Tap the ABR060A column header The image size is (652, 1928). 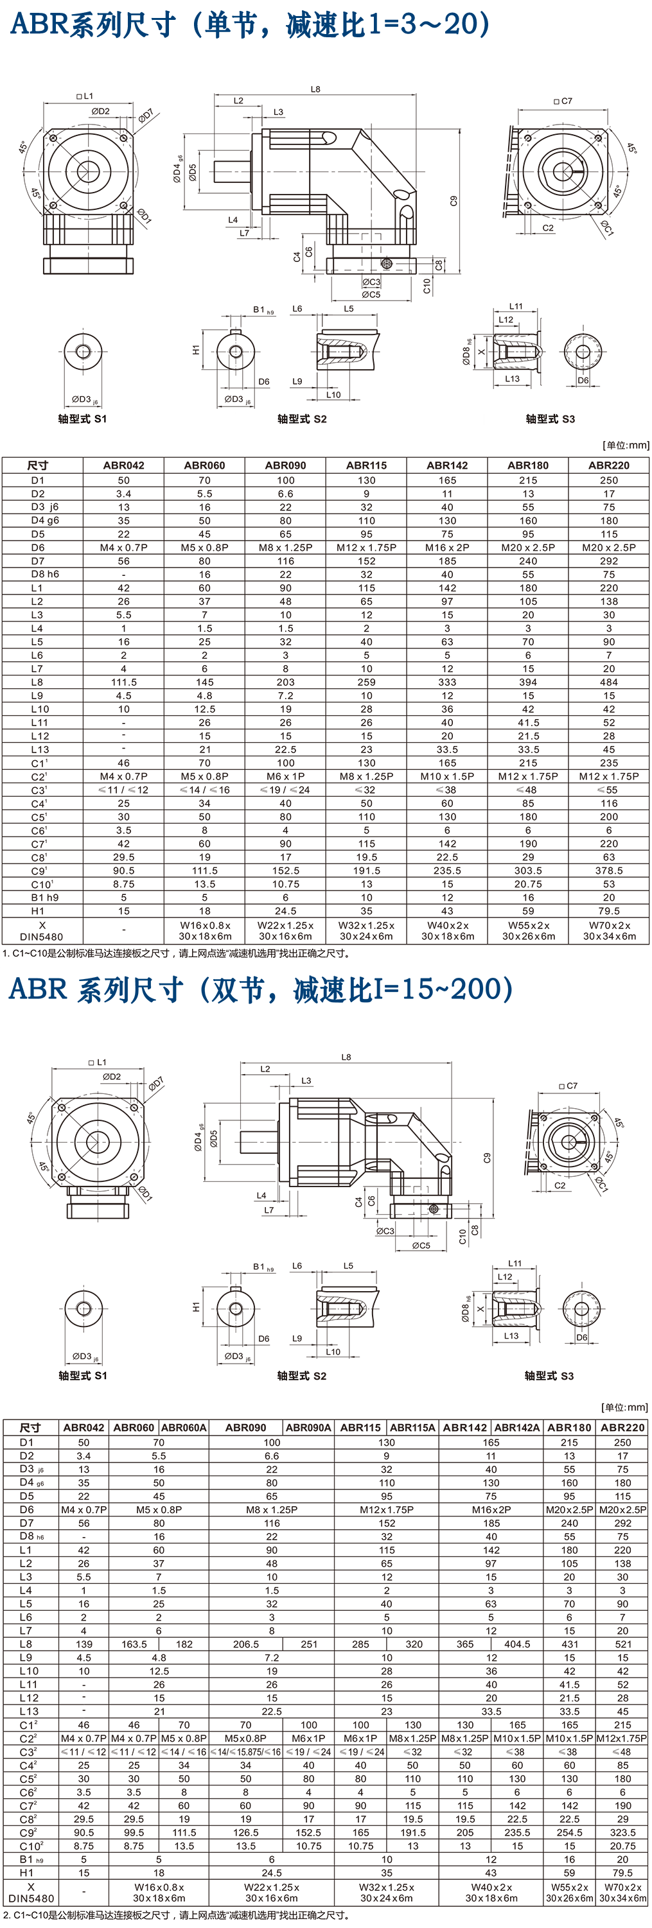pyautogui.click(x=184, y=1427)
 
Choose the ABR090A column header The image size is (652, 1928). pyautogui.click(x=308, y=1427)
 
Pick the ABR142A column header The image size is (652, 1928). pyautogui.click(x=517, y=1427)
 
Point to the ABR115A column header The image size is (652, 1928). pyautogui.click(x=412, y=1427)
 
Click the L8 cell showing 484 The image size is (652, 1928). pyautogui.click(x=608, y=682)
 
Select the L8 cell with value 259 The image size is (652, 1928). pyautogui.click(x=366, y=682)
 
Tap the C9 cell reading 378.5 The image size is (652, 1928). pyautogui.click(x=608, y=871)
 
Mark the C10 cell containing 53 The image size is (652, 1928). pyautogui.click(x=608, y=885)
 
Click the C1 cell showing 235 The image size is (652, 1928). pyautogui.click(x=608, y=763)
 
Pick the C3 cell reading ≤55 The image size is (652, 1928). pyautogui.click(x=608, y=790)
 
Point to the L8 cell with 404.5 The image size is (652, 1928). pyautogui.click(x=517, y=1644)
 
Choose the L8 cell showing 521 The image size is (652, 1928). pyautogui.click(x=622, y=1644)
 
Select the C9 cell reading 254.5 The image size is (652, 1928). pyautogui.click(x=569, y=1832)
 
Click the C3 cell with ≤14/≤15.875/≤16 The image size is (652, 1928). pyautogui.click(x=245, y=1752)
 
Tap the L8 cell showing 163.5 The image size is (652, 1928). pyautogui.click(x=134, y=1644)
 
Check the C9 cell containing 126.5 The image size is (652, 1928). pyautogui.click(x=245, y=1832)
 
